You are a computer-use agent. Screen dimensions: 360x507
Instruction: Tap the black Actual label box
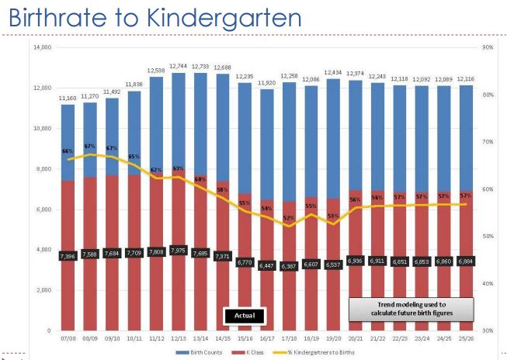(x=245, y=316)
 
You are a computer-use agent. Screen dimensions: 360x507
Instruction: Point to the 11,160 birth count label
(x=68, y=98)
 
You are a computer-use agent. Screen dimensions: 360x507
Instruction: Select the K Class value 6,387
(x=288, y=266)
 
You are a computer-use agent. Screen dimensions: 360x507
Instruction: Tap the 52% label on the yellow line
(x=288, y=218)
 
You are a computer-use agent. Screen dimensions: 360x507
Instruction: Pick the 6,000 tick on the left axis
(x=42, y=209)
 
